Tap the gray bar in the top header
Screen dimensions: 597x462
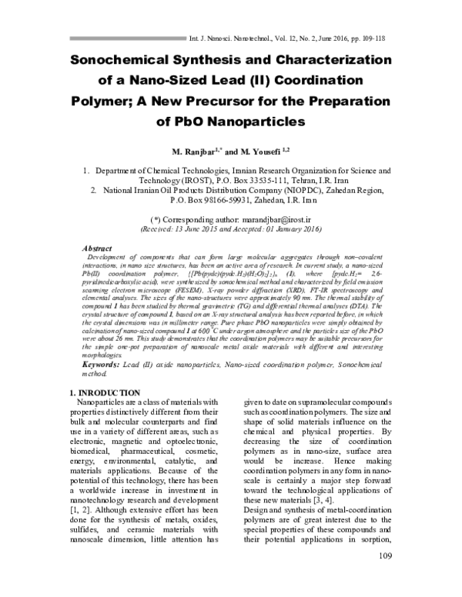click(122, 36)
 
